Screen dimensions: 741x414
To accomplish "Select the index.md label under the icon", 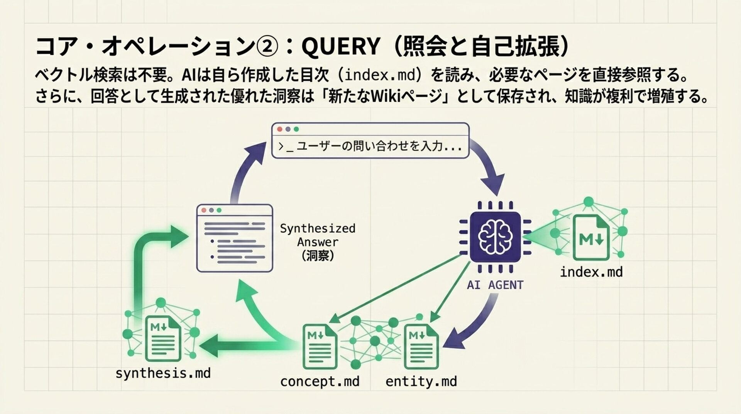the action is click(591, 272).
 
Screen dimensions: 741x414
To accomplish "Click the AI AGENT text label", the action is click(495, 285).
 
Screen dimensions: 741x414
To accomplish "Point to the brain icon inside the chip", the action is click(496, 236).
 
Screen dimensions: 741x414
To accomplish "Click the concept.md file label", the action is click(320, 382).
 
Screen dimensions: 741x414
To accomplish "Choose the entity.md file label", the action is click(421, 382).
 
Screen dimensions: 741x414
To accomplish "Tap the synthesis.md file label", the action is click(163, 373).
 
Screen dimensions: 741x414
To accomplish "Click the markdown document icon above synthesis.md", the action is click(163, 338).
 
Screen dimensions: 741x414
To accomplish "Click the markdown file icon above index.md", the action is click(591, 237).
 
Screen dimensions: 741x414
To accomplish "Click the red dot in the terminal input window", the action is click(280, 129).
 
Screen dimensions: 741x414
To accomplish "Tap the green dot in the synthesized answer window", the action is click(219, 210).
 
